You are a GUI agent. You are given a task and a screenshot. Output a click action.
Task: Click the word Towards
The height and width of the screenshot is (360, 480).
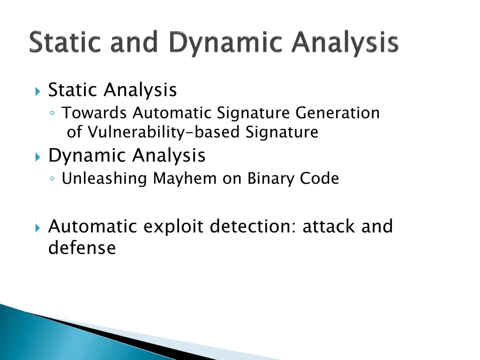point(95,113)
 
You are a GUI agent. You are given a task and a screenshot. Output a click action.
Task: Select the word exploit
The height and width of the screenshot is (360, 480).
point(173,227)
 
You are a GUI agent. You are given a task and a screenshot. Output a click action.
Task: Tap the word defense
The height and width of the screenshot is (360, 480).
point(82,247)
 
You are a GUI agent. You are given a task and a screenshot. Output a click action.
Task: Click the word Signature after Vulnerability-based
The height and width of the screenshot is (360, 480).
point(282,133)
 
